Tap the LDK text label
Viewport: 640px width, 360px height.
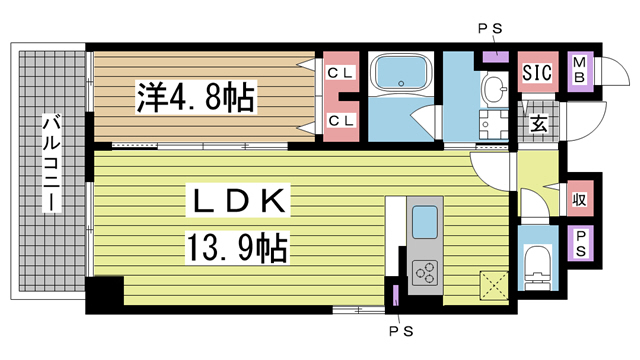point(237,201)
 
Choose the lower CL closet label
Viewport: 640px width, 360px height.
point(340,120)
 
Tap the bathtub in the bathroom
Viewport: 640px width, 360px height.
point(399,74)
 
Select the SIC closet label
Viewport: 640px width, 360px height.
point(538,72)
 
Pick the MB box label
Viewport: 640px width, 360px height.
point(579,72)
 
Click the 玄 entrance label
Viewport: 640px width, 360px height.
point(538,124)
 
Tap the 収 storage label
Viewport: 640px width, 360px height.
point(578,197)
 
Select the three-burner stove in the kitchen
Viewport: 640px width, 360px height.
point(425,270)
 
